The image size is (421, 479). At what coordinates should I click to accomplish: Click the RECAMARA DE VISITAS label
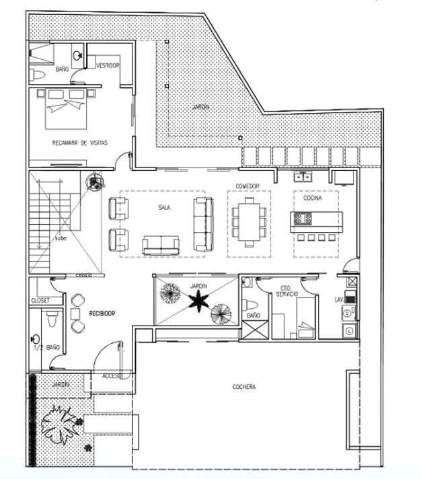tap(79, 143)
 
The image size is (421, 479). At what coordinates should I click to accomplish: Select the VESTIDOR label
tap(108, 65)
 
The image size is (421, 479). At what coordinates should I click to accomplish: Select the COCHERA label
tap(243, 387)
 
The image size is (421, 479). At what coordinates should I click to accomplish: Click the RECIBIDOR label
tap(102, 314)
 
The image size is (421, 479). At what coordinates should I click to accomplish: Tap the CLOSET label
tap(40, 301)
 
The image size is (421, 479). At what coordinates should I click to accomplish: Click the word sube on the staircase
tap(60, 239)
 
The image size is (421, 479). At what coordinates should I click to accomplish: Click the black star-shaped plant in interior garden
tap(198, 301)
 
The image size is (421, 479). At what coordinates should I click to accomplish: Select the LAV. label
tap(340, 299)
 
